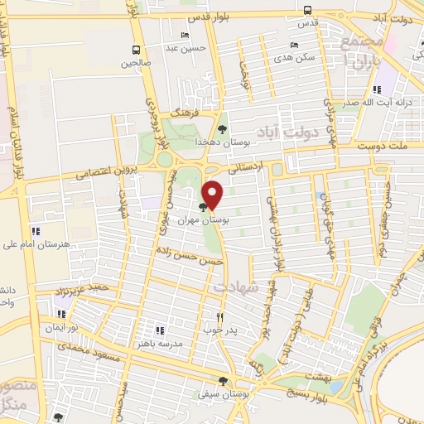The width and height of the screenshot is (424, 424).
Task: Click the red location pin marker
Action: [213, 194]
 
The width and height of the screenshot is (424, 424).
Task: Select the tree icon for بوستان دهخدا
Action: [222, 128]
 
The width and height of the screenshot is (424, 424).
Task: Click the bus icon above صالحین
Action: [136, 49]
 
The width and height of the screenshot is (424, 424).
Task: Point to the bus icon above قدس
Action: [308, 11]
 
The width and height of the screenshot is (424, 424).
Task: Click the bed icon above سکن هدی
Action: [294, 46]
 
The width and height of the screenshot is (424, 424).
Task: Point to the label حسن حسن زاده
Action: [190, 254]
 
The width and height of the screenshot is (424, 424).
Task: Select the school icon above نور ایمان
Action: [60, 315]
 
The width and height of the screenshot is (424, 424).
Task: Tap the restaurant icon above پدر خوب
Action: [220, 317]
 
